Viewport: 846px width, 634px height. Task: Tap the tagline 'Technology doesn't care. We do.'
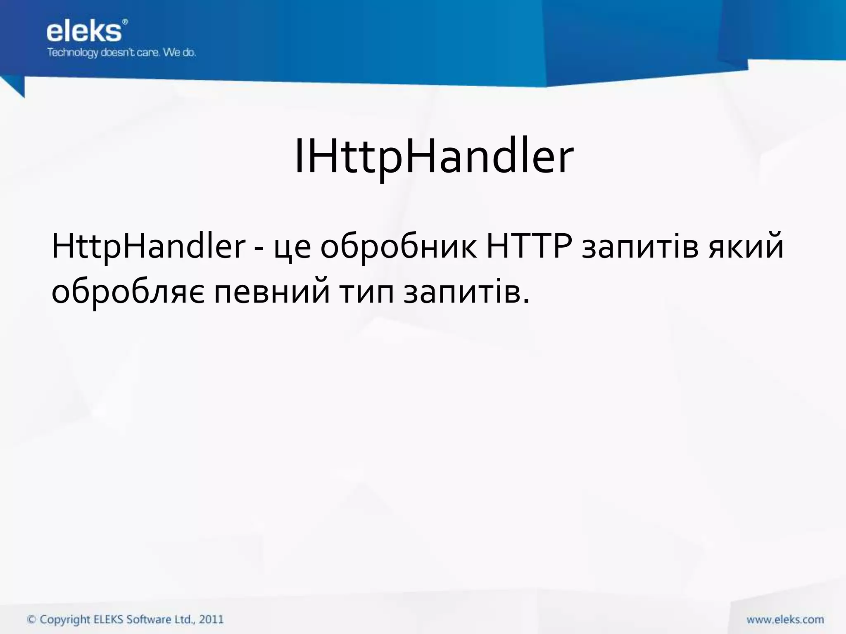point(121,53)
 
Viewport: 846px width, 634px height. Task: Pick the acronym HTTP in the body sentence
point(529,246)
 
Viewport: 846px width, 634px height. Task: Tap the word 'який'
point(746,248)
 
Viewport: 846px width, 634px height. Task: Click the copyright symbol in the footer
point(31,620)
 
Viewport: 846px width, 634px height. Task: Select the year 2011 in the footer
point(211,620)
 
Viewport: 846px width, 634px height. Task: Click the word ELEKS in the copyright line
point(109,620)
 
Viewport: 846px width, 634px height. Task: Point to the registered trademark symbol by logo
point(125,21)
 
